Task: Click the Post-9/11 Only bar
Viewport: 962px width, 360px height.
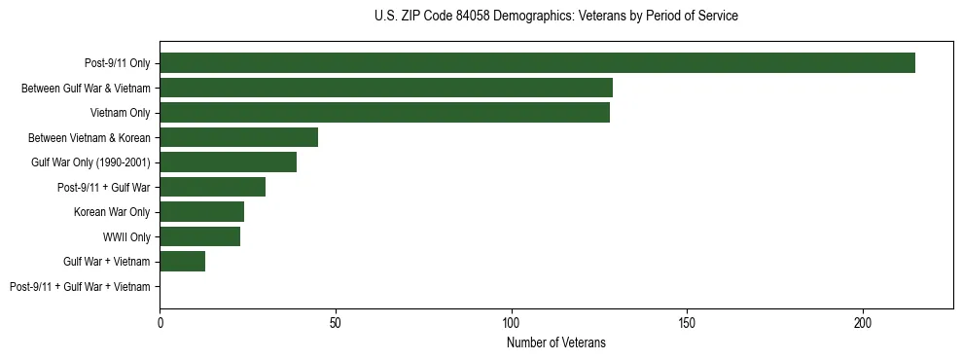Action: (537, 62)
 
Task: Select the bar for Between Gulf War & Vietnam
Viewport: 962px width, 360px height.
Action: (386, 88)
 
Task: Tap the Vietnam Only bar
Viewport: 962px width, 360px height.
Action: (384, 112)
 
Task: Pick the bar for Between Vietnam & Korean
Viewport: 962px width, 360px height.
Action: (238, 137)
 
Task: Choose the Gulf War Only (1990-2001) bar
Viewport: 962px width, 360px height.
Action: (228, 162)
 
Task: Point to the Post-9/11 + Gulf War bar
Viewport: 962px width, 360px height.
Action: (212, 187)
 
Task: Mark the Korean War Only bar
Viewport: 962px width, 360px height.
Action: (201, 211)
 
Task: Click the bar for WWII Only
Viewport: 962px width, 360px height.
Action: (199, 236)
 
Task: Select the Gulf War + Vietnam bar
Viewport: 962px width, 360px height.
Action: (182, 261)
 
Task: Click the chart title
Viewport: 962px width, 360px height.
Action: (555, 17)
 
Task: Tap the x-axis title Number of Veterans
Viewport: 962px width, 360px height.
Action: (555, 342)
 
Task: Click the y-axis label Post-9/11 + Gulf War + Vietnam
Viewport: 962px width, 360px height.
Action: (80, 286)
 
